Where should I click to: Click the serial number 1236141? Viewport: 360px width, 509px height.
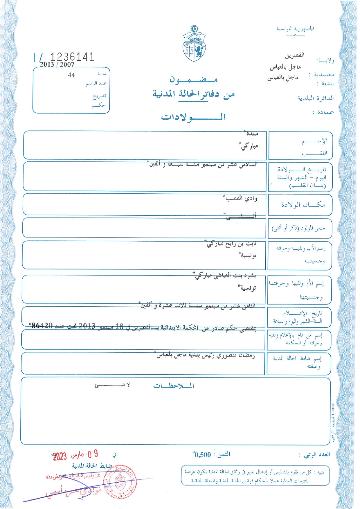(72, 57)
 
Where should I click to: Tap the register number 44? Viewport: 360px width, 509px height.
(71, 75)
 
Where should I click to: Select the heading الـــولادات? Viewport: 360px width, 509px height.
(193, 117)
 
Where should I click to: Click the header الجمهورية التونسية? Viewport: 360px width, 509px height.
(295, 29)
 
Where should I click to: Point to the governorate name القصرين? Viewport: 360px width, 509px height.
(294, 55)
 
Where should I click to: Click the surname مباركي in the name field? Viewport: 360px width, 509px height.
(249, 146)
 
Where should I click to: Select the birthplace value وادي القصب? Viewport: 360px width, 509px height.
(242, 198)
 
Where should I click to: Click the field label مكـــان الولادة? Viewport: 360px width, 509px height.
(303, 205)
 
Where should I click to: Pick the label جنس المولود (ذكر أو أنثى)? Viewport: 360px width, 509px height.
(298, 228)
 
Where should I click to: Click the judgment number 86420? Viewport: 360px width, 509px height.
(42, 325)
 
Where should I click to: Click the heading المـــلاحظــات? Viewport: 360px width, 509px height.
(173, 386)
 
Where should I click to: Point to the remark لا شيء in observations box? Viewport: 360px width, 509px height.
(112, 385)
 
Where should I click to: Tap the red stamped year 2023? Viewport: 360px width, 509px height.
(60, 456)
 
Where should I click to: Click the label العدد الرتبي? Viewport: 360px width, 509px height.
(317, 455)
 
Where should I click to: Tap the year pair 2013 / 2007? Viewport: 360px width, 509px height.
(57, 64)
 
